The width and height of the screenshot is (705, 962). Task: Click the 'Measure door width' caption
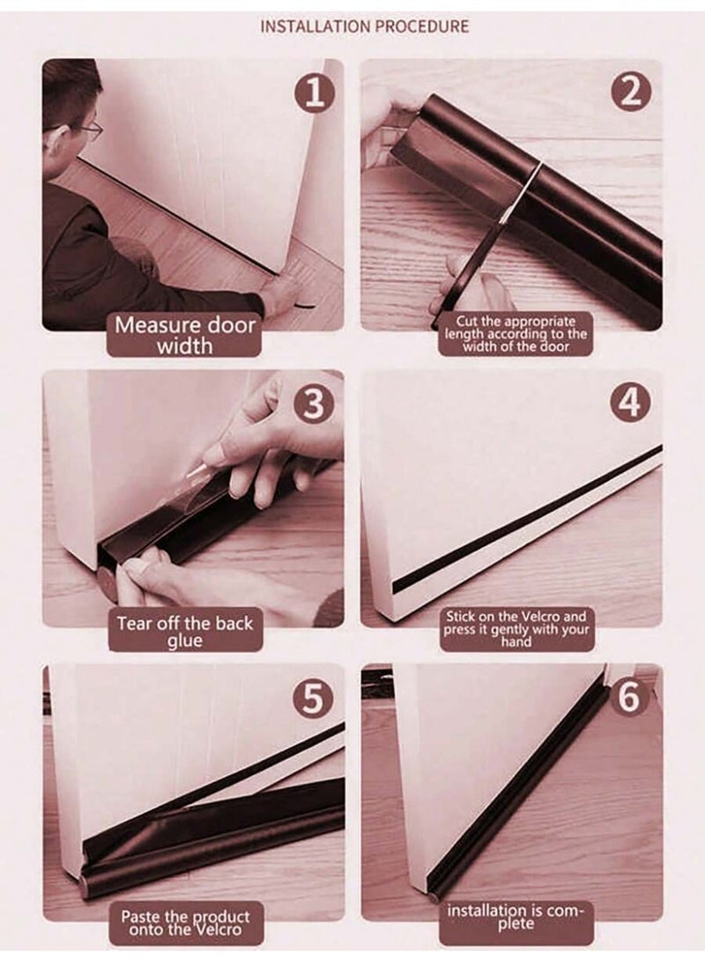click(x=185, y=335)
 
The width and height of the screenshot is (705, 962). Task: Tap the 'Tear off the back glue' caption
click(x=185, y=632)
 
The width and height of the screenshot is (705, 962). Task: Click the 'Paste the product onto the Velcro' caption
click(x=185, y=922)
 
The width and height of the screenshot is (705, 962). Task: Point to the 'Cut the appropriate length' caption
click(x=516, y=334)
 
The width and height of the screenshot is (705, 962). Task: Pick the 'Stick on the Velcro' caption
click(x=516, y=629)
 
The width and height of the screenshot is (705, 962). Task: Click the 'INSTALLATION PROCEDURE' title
click(x=365, y=26)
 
